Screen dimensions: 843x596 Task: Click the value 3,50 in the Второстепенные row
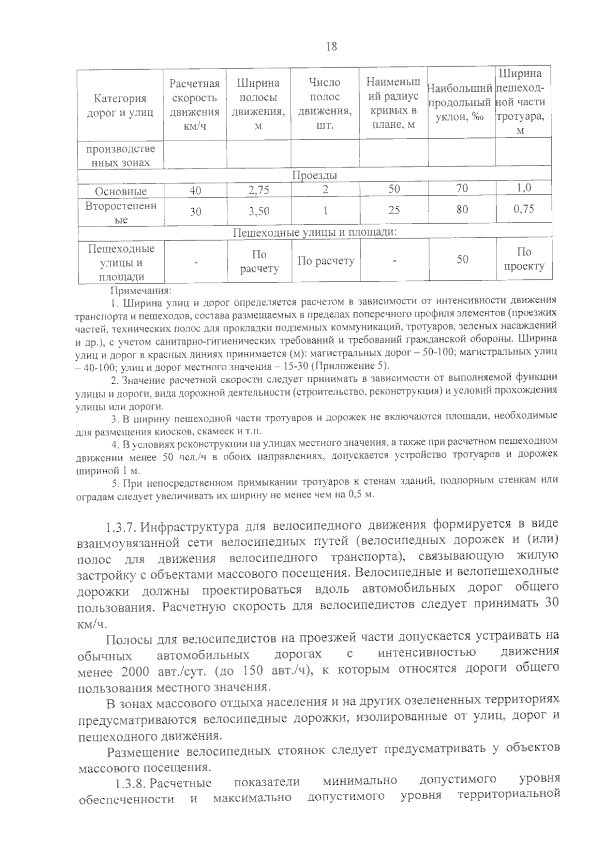click(x=259, y=211)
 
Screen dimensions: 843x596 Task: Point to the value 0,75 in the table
click(x=523, y=209)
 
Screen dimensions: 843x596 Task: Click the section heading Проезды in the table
click(x=314, y=175)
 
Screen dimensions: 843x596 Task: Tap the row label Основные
click(x=121, y=191)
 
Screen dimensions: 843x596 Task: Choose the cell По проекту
click(x=524, y=259)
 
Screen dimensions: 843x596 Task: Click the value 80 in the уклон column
click(x=462, y=210)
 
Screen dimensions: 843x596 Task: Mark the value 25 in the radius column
click(x=394, y=211)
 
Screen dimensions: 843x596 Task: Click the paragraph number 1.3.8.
click(x=130, y=783)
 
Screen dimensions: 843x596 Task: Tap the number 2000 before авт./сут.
click(x=135, y=672)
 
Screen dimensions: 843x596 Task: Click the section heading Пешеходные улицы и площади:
click(x=314, y=232)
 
